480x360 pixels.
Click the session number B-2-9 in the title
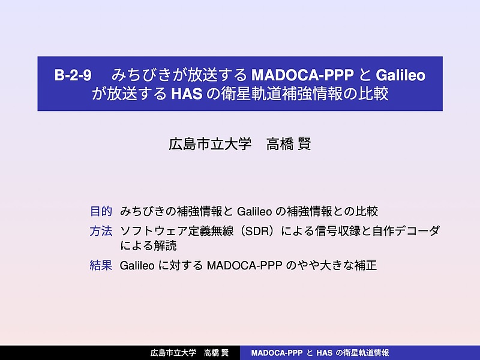73,75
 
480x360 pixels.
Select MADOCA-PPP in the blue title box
302,75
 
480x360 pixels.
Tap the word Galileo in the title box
401,75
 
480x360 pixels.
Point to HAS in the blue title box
187,94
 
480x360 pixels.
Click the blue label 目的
101,211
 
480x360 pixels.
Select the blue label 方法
101,231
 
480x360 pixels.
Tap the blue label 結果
101,265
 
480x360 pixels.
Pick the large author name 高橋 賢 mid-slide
289,144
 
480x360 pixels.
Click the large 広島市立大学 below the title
210,144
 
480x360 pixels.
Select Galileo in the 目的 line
254,211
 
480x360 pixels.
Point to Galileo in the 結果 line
137,265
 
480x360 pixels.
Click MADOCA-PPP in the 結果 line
244,265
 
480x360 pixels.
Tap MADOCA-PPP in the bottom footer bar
277,353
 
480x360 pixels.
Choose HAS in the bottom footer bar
324,353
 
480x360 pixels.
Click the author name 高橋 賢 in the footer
217,353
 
